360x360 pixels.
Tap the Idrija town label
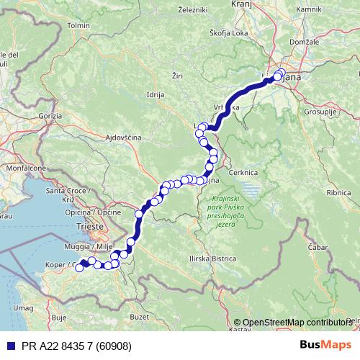pyautogui.click(x=156, y=94)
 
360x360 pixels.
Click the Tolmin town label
pyautogui.click(x=76, y=25)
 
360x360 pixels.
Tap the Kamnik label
pyautogui.click(x=310, y=9)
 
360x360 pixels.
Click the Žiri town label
pyautogui.click(x=179, y=74)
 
